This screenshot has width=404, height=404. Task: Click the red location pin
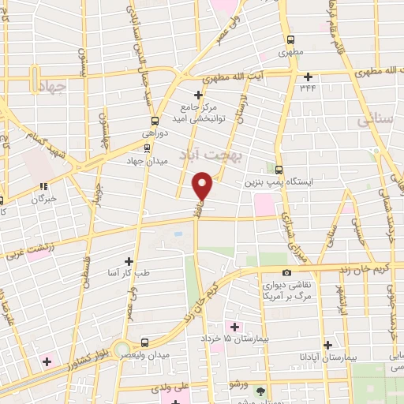coord(203,186)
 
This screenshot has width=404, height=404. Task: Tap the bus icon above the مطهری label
coord(290,40)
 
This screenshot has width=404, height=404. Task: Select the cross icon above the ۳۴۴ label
coord(308,77)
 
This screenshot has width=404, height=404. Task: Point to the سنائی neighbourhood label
coord(374,120)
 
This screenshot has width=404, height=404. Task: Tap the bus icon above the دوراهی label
coord(155,122)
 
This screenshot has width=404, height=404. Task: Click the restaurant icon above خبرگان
coord(43,186)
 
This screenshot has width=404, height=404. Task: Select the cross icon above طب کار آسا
coord(129,260)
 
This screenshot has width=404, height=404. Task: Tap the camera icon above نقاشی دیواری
coord(286,272)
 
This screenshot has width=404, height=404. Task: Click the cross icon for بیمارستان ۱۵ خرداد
coord(234,326)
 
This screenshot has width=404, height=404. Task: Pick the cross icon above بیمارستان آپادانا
coord(327,345)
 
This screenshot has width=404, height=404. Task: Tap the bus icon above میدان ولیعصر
coord(144,342)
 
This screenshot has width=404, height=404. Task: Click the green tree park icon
coord(261,391)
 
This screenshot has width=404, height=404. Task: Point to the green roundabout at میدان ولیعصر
coord(120,349)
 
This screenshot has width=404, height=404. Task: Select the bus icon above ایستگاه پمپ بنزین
coord(279,169)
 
